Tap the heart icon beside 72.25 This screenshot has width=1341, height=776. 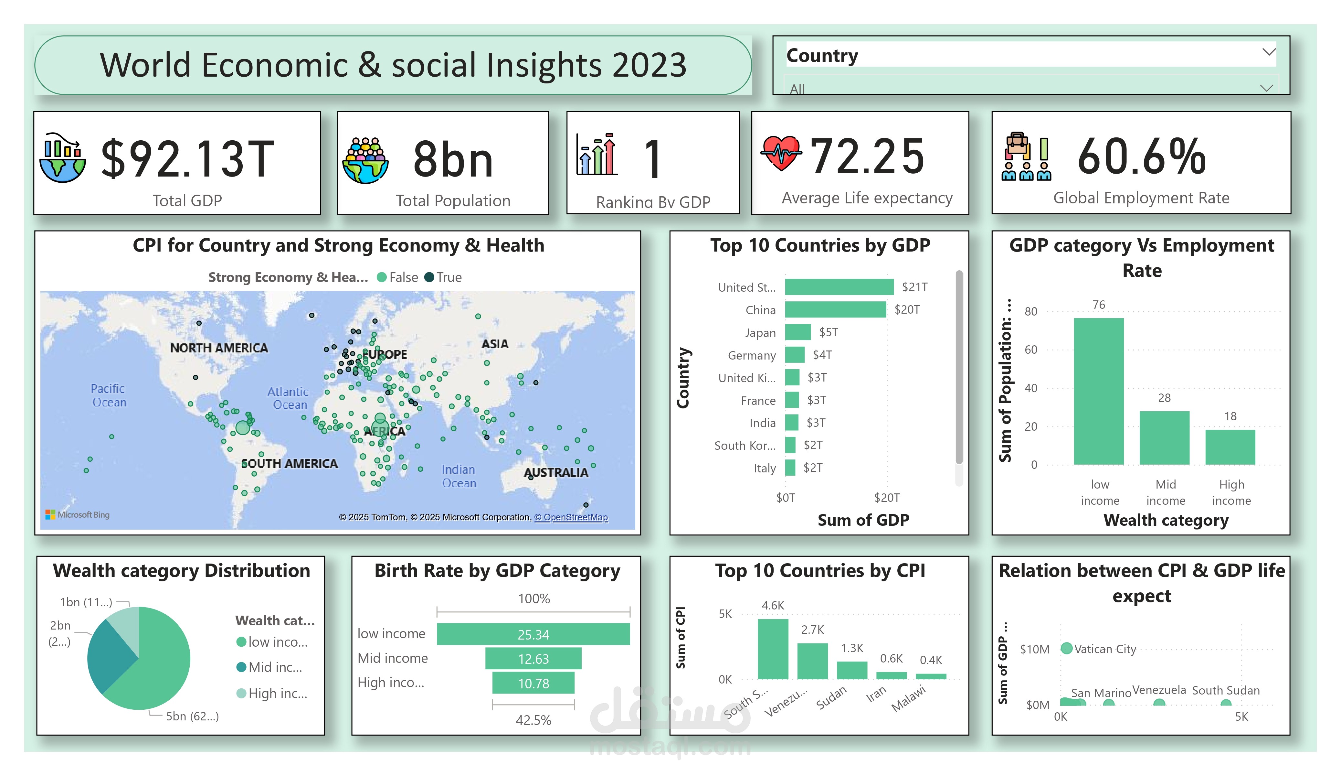(x=781, y=153)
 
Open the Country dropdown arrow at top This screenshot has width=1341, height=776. (x=1269, y=52)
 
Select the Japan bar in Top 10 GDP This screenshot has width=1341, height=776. (x=797, y=332)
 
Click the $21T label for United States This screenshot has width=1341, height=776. (x=914, y=287)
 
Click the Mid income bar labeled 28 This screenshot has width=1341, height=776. (x=1164, y=438)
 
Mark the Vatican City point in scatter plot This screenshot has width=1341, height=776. (x=1066, y=648)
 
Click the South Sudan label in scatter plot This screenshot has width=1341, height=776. (x=1225, y=690)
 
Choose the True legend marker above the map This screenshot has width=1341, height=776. (x=429, y=277)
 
